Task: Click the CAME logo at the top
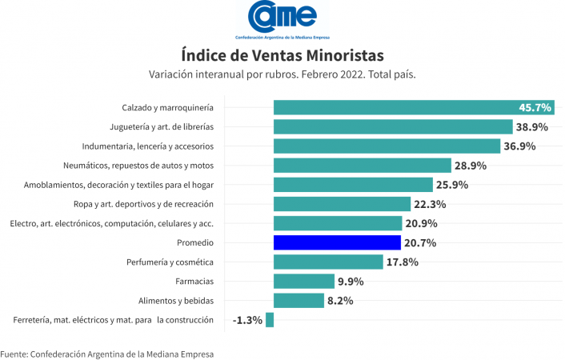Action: pos(282,17)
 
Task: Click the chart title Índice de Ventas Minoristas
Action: pos(282,55)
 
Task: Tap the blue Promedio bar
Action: pos(337,242)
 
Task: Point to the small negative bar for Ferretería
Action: pos(270,320)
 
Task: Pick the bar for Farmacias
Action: pos(303,281)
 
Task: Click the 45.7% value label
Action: pos(535,107)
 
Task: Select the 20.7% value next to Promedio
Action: pos(421,242)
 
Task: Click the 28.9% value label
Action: pos(471,166)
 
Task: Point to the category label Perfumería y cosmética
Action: pos(170,262)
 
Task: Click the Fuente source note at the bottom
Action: pos(107,353)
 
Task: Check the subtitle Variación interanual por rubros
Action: pos(282,74)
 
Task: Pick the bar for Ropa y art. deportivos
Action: pos(342,204)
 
